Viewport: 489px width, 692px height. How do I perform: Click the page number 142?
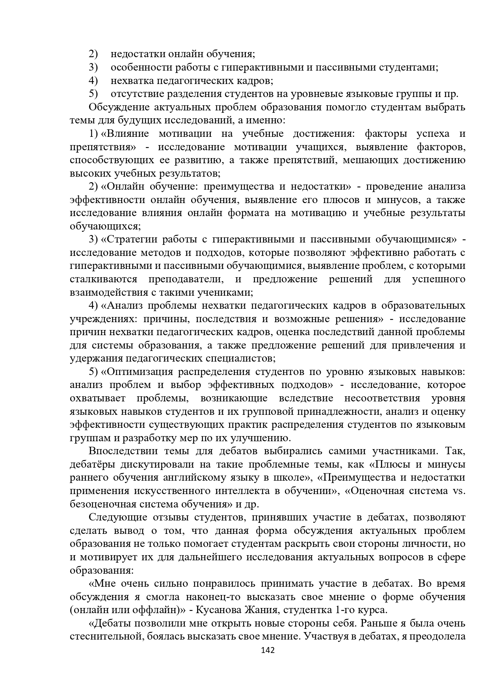[268, 650]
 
